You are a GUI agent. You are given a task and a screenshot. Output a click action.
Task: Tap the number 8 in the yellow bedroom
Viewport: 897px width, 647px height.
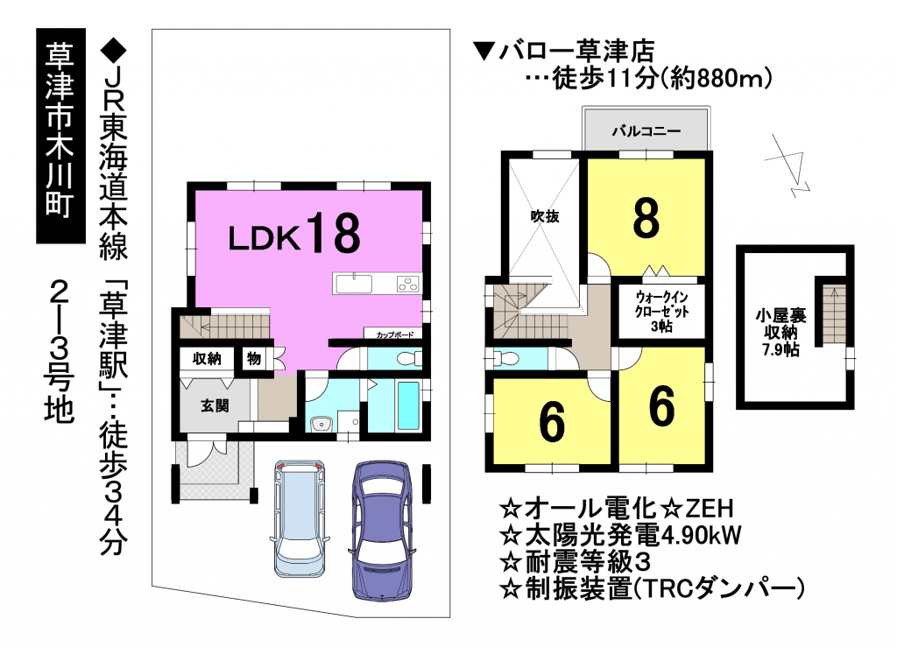point(646,218)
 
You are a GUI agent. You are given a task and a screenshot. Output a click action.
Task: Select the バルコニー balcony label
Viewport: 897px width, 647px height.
point(646,130)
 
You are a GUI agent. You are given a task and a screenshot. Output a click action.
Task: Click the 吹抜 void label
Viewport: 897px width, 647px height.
point(544,216)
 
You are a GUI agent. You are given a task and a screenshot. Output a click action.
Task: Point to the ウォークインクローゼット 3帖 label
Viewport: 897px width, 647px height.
point(662,312)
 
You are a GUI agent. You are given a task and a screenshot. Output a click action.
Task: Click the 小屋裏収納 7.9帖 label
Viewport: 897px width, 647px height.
point(780,332)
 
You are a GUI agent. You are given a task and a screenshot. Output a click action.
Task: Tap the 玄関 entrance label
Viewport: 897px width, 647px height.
point(215,406)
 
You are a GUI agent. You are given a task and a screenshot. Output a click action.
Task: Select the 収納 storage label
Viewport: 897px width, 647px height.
point(207,359)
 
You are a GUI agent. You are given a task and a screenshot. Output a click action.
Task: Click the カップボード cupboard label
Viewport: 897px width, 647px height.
point(395,334)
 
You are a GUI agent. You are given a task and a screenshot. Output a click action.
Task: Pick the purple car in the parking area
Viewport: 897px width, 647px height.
point(382,530)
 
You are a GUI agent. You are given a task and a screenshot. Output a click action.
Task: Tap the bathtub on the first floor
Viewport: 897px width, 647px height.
point(408,406)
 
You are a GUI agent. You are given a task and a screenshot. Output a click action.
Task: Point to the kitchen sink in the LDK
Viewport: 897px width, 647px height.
point(354,284)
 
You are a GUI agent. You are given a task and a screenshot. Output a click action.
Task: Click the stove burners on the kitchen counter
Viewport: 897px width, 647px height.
point(408,284)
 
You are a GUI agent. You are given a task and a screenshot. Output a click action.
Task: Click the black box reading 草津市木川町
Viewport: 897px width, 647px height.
point(61,136)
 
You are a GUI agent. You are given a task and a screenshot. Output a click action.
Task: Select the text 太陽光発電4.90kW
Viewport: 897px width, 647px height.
point(621,536)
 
